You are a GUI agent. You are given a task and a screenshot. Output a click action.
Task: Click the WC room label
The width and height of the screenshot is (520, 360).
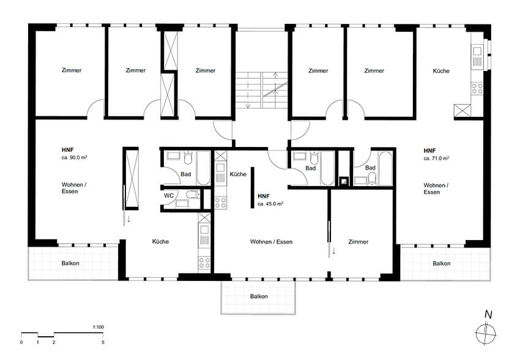pyautogui.click(x=169, y=195)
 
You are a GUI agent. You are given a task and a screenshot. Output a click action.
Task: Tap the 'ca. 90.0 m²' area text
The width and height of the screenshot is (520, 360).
pyautogui.click(x=74, y=157)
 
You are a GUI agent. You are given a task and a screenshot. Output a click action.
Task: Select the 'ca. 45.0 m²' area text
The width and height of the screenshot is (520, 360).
pyautogui.click(x=270, y=204)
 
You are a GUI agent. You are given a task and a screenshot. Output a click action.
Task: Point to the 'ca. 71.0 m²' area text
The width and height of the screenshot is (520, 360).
pyautogui.click(x=436, y=159)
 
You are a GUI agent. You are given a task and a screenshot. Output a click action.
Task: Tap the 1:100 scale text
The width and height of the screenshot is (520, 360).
pyautogui.click(x=98, y=327)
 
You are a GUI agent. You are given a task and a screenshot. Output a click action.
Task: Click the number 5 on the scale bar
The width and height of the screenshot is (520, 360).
pyautogui.click(x=103, y=342)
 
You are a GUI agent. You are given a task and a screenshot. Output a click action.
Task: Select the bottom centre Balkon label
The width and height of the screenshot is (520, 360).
pyautogui.click(x=259, y=296)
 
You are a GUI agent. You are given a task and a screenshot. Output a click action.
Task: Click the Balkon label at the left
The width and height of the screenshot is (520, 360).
pyautogui.click(x=70, y=263)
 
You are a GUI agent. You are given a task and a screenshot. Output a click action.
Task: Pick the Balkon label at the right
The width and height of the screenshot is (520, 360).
pyautogui.click(x=442, y=263)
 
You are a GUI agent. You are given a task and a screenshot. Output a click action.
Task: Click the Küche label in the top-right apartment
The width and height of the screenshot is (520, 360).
pyautogui.click(x=441, y=70)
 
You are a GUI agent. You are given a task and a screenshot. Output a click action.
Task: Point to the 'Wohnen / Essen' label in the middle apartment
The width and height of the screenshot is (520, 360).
pyautogui.click(x=271, y=242)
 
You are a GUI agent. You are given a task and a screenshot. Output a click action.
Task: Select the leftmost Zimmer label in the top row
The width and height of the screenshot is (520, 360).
pyautogui.click(x=72, y=70)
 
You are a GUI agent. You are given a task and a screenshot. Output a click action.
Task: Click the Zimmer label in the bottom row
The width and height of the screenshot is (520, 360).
pyautogui.click(x=358, y=242)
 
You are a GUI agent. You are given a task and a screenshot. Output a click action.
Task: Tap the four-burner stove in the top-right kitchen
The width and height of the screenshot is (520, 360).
pyautogui.click(x=477, y=88)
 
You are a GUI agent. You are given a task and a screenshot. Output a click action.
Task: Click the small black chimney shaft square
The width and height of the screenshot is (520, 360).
pyautogui.click(x=344, y=181)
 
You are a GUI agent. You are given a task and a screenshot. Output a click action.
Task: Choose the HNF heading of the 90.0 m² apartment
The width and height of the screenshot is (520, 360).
pyautogui.click(x=68, y=149)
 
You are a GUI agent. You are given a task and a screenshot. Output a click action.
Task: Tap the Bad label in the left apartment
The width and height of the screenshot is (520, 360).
pyautogui.click(x=186, y=174)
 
